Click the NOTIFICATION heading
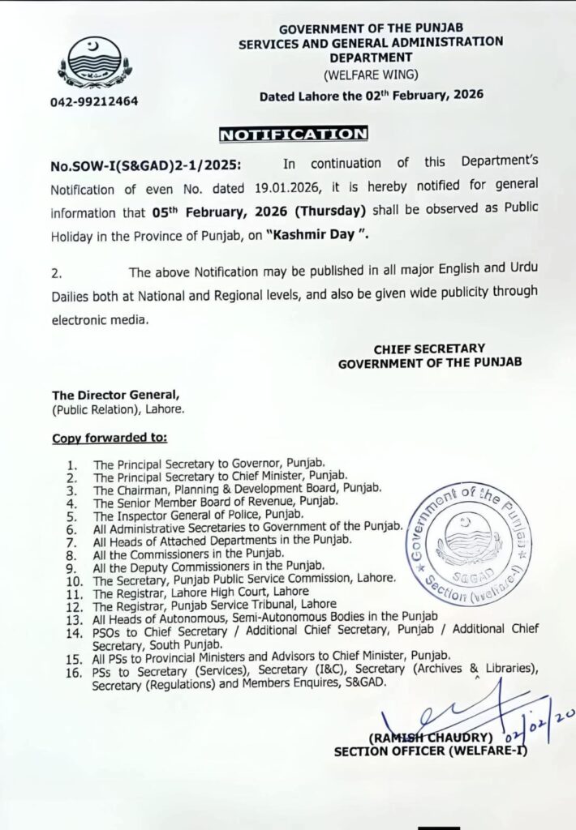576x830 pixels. click(294, 133)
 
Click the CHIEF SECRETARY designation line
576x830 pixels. click(429, 349)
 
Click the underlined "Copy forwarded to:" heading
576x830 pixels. click(110, 438)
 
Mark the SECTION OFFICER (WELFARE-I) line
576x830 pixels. click(430, 751)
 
